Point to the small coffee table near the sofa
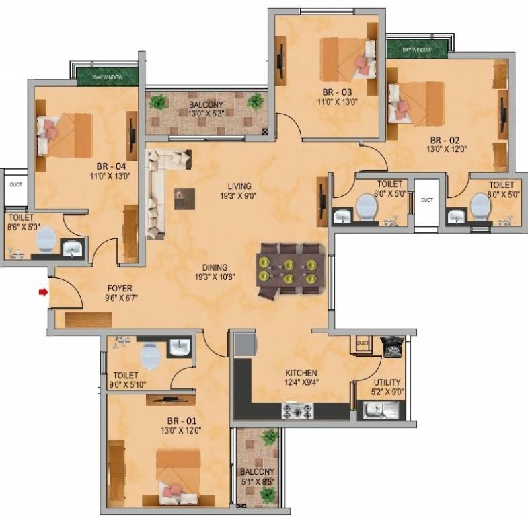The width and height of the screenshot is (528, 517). point(184,199)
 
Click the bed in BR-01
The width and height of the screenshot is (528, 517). point(178,475)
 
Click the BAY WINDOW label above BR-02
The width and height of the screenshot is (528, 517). point(417,50)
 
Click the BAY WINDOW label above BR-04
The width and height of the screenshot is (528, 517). point(108,78)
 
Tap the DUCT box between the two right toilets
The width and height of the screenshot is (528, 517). point(427,200)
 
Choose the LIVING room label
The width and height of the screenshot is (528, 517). point(239,186)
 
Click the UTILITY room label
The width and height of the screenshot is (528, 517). point(387,382)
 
